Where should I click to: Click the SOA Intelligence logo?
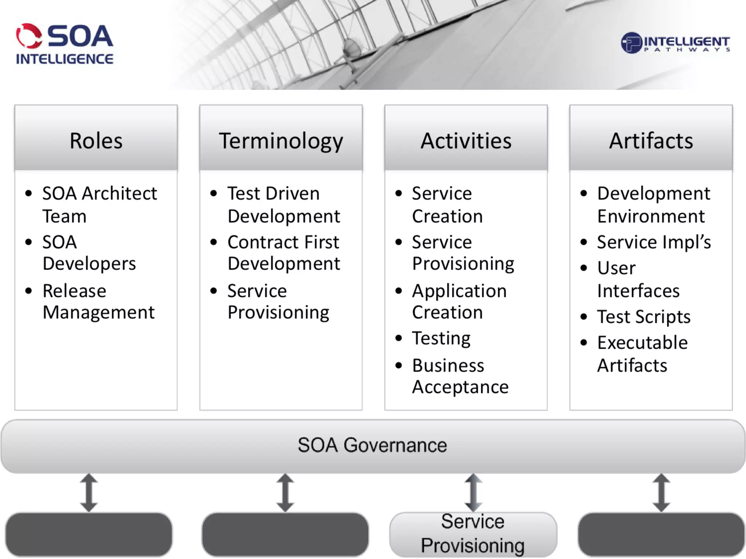click(x=65, y=44)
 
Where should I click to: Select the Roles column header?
click(x=96, y=140)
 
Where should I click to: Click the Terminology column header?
click(x=281, y=140)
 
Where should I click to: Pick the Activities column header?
click(x=466, y=140)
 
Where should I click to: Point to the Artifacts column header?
click(x=651, y=140)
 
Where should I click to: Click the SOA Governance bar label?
click(x=372, y=445)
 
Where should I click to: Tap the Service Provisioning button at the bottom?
click(x=473, y=534)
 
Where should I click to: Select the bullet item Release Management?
click(x=98, y=301)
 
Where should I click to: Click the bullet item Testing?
click(x=441, y=338)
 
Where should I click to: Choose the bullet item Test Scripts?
click(x=644, y=317)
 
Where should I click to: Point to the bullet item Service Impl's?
click(x=654, y=242)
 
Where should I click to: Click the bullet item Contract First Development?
click(x=284, y=253)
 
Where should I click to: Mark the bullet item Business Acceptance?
click(x=460, y=376)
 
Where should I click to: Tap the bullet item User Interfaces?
click(x=638, y=279)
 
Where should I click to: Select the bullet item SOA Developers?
click(x=89, y=253)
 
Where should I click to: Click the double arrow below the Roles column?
click(x=89, y=492)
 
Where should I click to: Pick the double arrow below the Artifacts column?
click(x=661, y=492)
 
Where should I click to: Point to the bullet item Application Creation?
click(x=459, y=301)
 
